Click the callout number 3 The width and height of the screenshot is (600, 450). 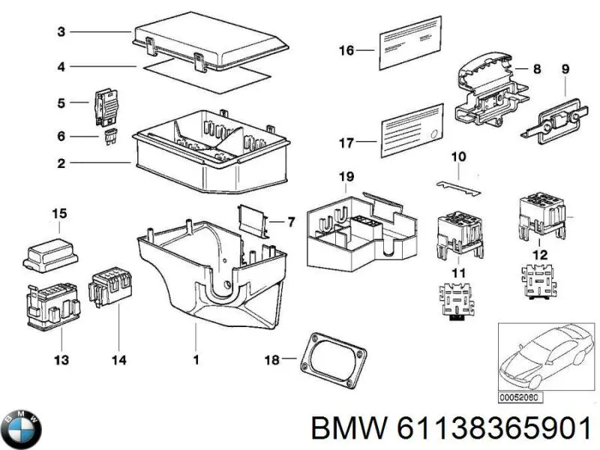(x=62, y=31)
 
